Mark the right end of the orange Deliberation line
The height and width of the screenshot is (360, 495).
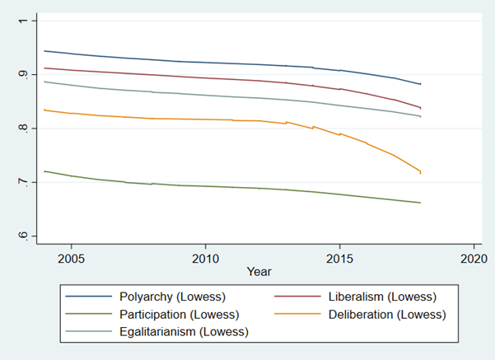tap(421, 172)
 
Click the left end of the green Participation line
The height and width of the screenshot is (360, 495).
tap(44, 171)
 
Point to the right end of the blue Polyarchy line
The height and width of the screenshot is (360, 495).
tap(421, 84)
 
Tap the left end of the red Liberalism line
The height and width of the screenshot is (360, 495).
tap(44, 68)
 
